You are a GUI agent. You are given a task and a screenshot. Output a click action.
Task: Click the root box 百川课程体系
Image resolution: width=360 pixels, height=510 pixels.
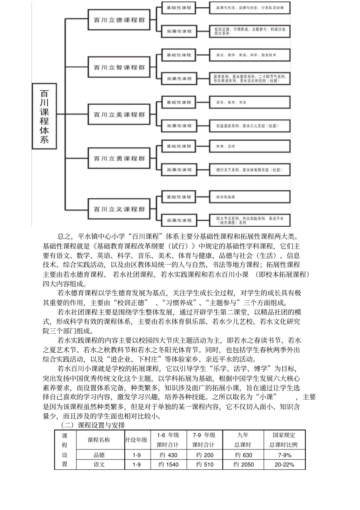click(44, 116)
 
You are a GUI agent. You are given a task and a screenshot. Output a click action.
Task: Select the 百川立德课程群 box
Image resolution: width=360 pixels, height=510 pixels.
click(119, 20)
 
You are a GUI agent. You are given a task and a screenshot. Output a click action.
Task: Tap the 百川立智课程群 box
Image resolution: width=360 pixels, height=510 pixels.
click(119, 67)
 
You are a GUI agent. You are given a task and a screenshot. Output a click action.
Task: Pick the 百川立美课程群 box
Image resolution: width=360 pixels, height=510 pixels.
click(119, 115)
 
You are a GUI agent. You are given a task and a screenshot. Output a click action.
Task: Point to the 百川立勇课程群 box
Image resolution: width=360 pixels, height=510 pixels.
click(119, 158)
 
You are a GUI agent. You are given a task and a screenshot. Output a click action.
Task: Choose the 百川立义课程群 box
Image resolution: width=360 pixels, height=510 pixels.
click(119, 209)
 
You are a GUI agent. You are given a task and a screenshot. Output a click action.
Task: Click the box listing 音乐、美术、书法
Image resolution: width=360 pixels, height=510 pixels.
click(250, 102)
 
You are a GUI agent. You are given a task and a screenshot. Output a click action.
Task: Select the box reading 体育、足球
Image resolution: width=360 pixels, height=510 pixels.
click(250, 146)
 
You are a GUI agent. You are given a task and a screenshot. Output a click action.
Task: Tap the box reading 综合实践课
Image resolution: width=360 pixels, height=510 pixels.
click(250, 197)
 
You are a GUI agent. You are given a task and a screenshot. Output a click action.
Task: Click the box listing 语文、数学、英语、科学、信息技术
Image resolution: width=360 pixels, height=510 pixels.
click(250, 55)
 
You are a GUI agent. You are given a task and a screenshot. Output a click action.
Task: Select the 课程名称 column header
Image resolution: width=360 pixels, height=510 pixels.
click(99, 440)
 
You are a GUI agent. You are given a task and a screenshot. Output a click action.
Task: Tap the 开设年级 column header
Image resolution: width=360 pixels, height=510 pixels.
click(136, 440)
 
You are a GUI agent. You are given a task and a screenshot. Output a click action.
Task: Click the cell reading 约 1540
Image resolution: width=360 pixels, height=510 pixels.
click(168, 464)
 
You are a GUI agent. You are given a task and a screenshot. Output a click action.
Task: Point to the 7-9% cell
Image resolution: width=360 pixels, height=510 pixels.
click(285, 455)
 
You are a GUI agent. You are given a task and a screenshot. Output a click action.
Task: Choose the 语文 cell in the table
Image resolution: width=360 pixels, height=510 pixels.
click(99, 464)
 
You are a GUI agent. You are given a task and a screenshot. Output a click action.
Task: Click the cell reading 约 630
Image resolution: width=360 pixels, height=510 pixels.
click(243, 455)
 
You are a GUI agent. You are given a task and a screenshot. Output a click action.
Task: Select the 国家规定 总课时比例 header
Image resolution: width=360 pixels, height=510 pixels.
click(284, 440)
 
